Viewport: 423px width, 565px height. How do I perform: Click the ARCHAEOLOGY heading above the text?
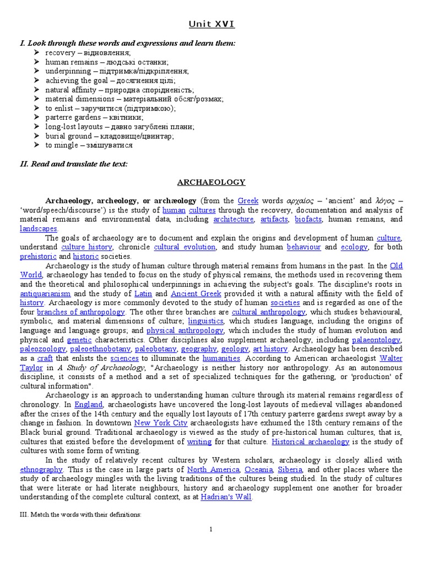[211, 182]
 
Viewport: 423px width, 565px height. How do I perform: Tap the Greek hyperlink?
[247, 200]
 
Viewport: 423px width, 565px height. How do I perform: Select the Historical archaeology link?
[311, 441]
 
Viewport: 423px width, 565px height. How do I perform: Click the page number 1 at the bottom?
[211, 530]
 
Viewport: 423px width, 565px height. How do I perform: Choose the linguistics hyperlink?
[205, 321]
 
